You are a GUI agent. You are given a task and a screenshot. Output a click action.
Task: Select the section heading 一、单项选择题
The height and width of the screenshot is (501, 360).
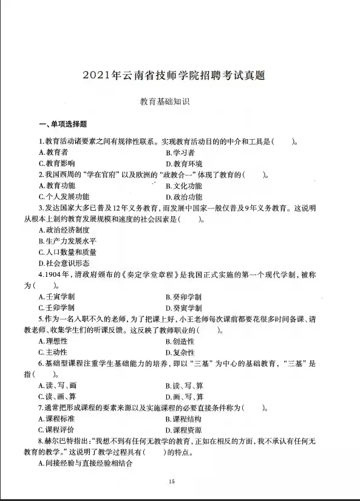click(63, 124)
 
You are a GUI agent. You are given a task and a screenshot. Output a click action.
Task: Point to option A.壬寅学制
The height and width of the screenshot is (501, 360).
click(56, 296)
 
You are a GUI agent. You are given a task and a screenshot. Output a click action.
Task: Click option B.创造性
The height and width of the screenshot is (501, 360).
click(180, 341)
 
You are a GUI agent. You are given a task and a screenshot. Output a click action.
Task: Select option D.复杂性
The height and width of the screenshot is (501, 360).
click(180, 352)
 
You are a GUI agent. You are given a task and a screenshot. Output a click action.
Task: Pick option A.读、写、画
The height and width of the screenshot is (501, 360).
click(58, 385)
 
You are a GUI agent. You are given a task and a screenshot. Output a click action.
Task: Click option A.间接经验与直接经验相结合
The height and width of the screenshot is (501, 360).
click(86, 463)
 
